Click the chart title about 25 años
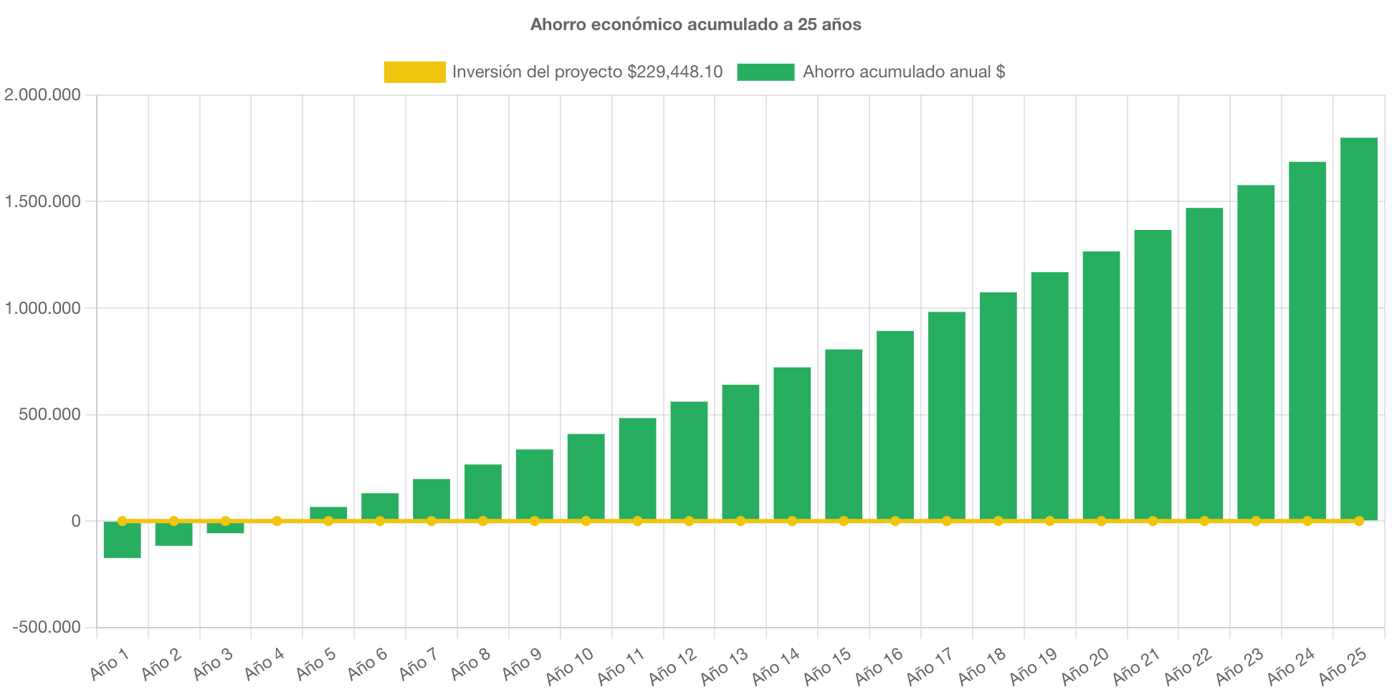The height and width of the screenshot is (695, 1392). coord(695,24)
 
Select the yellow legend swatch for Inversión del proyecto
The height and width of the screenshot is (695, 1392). coord(414,72)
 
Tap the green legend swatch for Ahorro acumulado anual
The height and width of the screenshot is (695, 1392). coord(766,72)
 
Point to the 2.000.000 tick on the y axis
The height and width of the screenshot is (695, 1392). coord(42,95)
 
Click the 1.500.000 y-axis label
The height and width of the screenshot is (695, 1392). coord(42,201)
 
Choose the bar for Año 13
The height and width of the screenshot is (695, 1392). coord(740,452)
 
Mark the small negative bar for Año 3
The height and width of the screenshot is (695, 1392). coord(225,528)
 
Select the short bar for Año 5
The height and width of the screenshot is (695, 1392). coord(328,513)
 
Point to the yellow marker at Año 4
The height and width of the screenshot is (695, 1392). coord(277,521)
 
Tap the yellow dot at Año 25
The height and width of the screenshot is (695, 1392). coord(1358,521)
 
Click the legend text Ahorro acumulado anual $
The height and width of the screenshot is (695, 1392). coord(903,72)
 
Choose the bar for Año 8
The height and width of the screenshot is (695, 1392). coord(483,492)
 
